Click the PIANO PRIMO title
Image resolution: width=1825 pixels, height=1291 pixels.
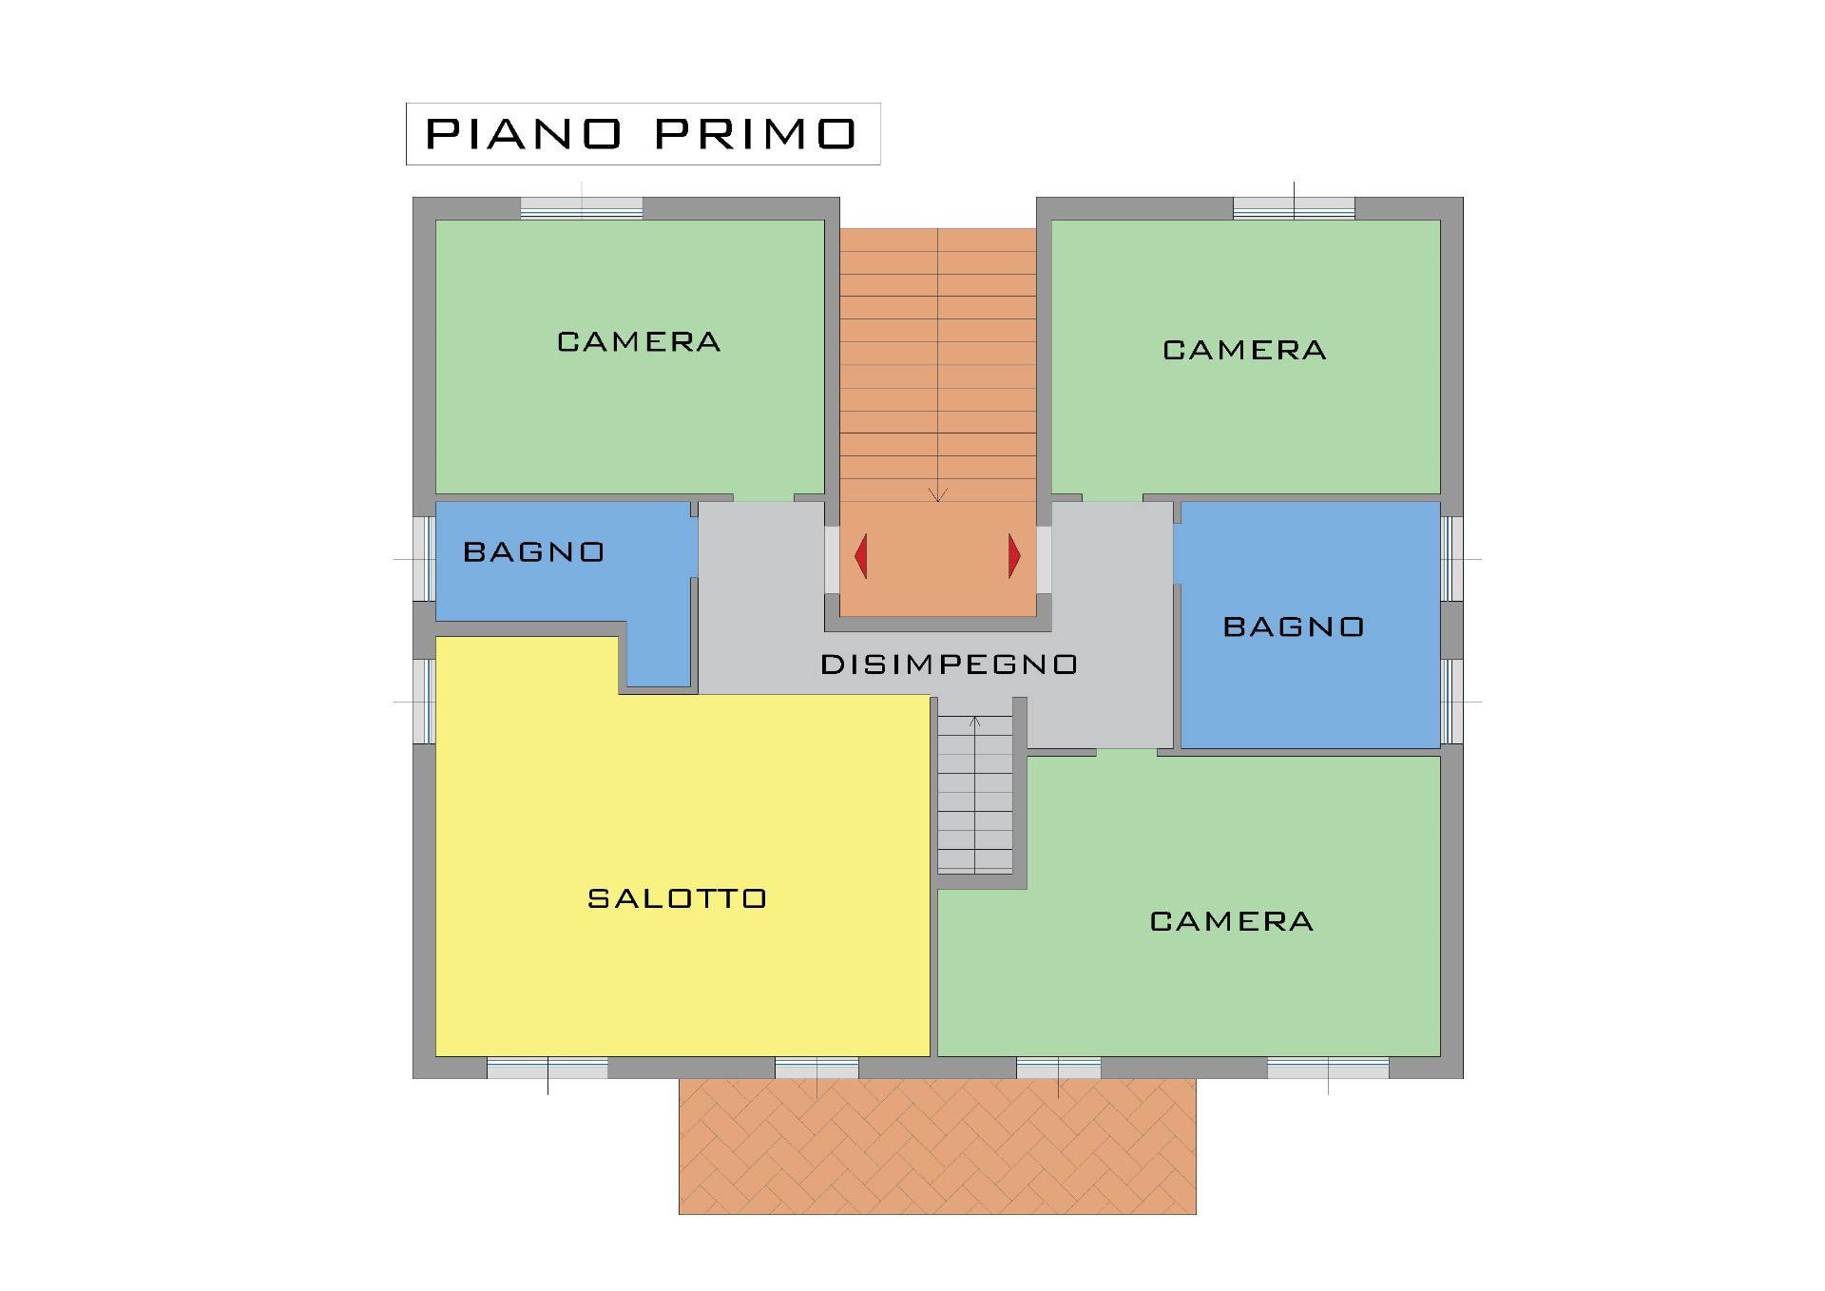coord(641,134)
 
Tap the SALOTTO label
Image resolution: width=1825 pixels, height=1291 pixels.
coord(677,898)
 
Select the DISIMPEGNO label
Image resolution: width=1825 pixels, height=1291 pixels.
coord(949,665)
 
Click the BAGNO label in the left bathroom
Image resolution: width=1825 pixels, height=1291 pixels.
coord(533,552)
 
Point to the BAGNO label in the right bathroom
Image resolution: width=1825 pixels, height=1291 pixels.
coord(1294,626)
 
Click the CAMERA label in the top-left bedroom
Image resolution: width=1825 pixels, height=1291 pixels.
coord(639,342)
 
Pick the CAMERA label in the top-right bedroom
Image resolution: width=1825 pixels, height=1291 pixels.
coord(1244,351)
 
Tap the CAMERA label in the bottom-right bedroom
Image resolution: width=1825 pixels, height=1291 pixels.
coord(1232,921)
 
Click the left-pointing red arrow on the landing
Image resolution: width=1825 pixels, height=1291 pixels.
coord(861,556)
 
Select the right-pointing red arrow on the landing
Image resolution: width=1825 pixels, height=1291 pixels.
coord(1014,556)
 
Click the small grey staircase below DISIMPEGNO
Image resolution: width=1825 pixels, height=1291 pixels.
coord(975,794)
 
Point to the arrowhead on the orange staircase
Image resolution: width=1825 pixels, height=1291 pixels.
coord(938,495)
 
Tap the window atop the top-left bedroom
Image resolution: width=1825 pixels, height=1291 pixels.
coord(582,208)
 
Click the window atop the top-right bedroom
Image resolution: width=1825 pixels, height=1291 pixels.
coord(1294,208)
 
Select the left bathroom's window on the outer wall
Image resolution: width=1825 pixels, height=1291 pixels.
coord(424,559)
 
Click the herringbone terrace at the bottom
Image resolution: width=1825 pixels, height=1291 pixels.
coord(937,1146)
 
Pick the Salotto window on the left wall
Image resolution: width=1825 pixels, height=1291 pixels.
coord(424,702)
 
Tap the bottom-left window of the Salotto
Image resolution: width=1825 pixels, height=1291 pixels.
coord(547,1068)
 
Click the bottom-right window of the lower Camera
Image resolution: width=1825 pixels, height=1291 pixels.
coord(1328,1068)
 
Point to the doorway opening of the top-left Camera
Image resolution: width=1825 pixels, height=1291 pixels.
coord(763,497)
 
